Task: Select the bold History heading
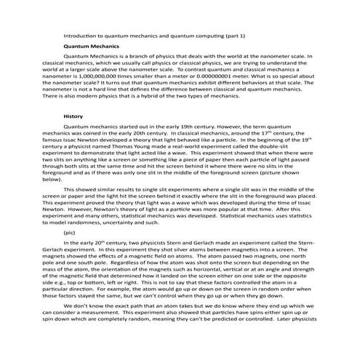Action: pos(73,116)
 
